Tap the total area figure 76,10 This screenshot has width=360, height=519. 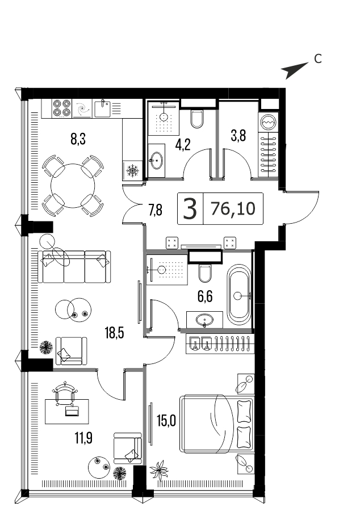pyautogui.click(x=233, y=209)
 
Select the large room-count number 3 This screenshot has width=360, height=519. pyautogui.click(x=190, y=209)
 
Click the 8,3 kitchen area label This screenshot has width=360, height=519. pyautogui.click(x=78, y=139)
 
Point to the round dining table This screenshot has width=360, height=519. pyautogui.click(x=73, y=185)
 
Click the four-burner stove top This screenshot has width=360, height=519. pyautogui.click(x=61, y=108)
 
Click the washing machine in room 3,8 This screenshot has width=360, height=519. pyautogui.click(x=269, y=122)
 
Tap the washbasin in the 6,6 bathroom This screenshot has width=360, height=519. pyautogui.click(x=204, y=320)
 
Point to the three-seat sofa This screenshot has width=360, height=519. pyautogui.click(x=74, y=267)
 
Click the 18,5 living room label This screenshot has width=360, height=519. pyautogui.click(x=115, y=333)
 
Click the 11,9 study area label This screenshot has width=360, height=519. pyautogui.click(x=83, y=439)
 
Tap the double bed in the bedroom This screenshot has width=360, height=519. pyautogui.click(x=217, y=424)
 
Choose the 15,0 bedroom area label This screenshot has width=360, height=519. pyautogui.click(x=166, y=421)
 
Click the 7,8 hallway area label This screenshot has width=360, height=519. pyautogui.click(x=155, y=210)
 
